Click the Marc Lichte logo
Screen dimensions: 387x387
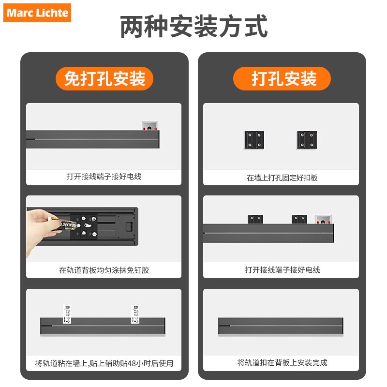click(x=38, y=13)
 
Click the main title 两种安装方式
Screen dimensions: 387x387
click(x=193, y=27)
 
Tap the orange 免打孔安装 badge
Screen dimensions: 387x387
click(x=104, y=79)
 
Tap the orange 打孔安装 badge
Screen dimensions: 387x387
click(x=283, y=79)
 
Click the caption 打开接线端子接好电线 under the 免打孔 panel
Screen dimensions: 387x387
click(x=104, y=177)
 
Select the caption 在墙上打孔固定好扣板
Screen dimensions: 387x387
click(x=282, y=178)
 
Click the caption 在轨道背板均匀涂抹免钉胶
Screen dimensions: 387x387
click(x=104, y=270)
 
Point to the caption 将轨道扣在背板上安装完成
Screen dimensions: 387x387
click(x=282, y=362)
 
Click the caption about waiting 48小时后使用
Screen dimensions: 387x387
click(x=104, y=363)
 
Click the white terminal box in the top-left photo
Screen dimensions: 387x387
click(x=150, y=126)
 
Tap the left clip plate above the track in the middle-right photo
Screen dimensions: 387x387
click(x=255, y=219)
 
